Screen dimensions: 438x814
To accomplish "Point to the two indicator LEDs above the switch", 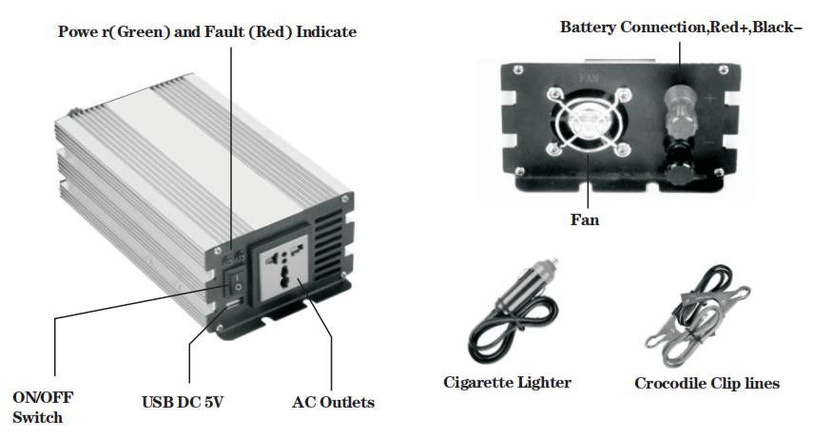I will (x=231, y=257).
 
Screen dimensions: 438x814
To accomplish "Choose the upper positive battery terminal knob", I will (x=681, y=99).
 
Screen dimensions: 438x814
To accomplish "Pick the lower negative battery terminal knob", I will (x=681, y=172).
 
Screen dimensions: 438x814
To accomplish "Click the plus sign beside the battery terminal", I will (x=711, y=98).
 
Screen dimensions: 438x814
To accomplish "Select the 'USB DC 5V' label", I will (x=183, y=403).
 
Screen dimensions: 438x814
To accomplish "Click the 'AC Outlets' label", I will (x=333, y=403).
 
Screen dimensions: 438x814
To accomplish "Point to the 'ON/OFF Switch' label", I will (x=42, y=407).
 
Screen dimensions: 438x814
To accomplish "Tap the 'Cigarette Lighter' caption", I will (x=507, y=383).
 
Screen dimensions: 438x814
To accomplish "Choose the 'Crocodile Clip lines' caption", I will (x=707, y=384).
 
